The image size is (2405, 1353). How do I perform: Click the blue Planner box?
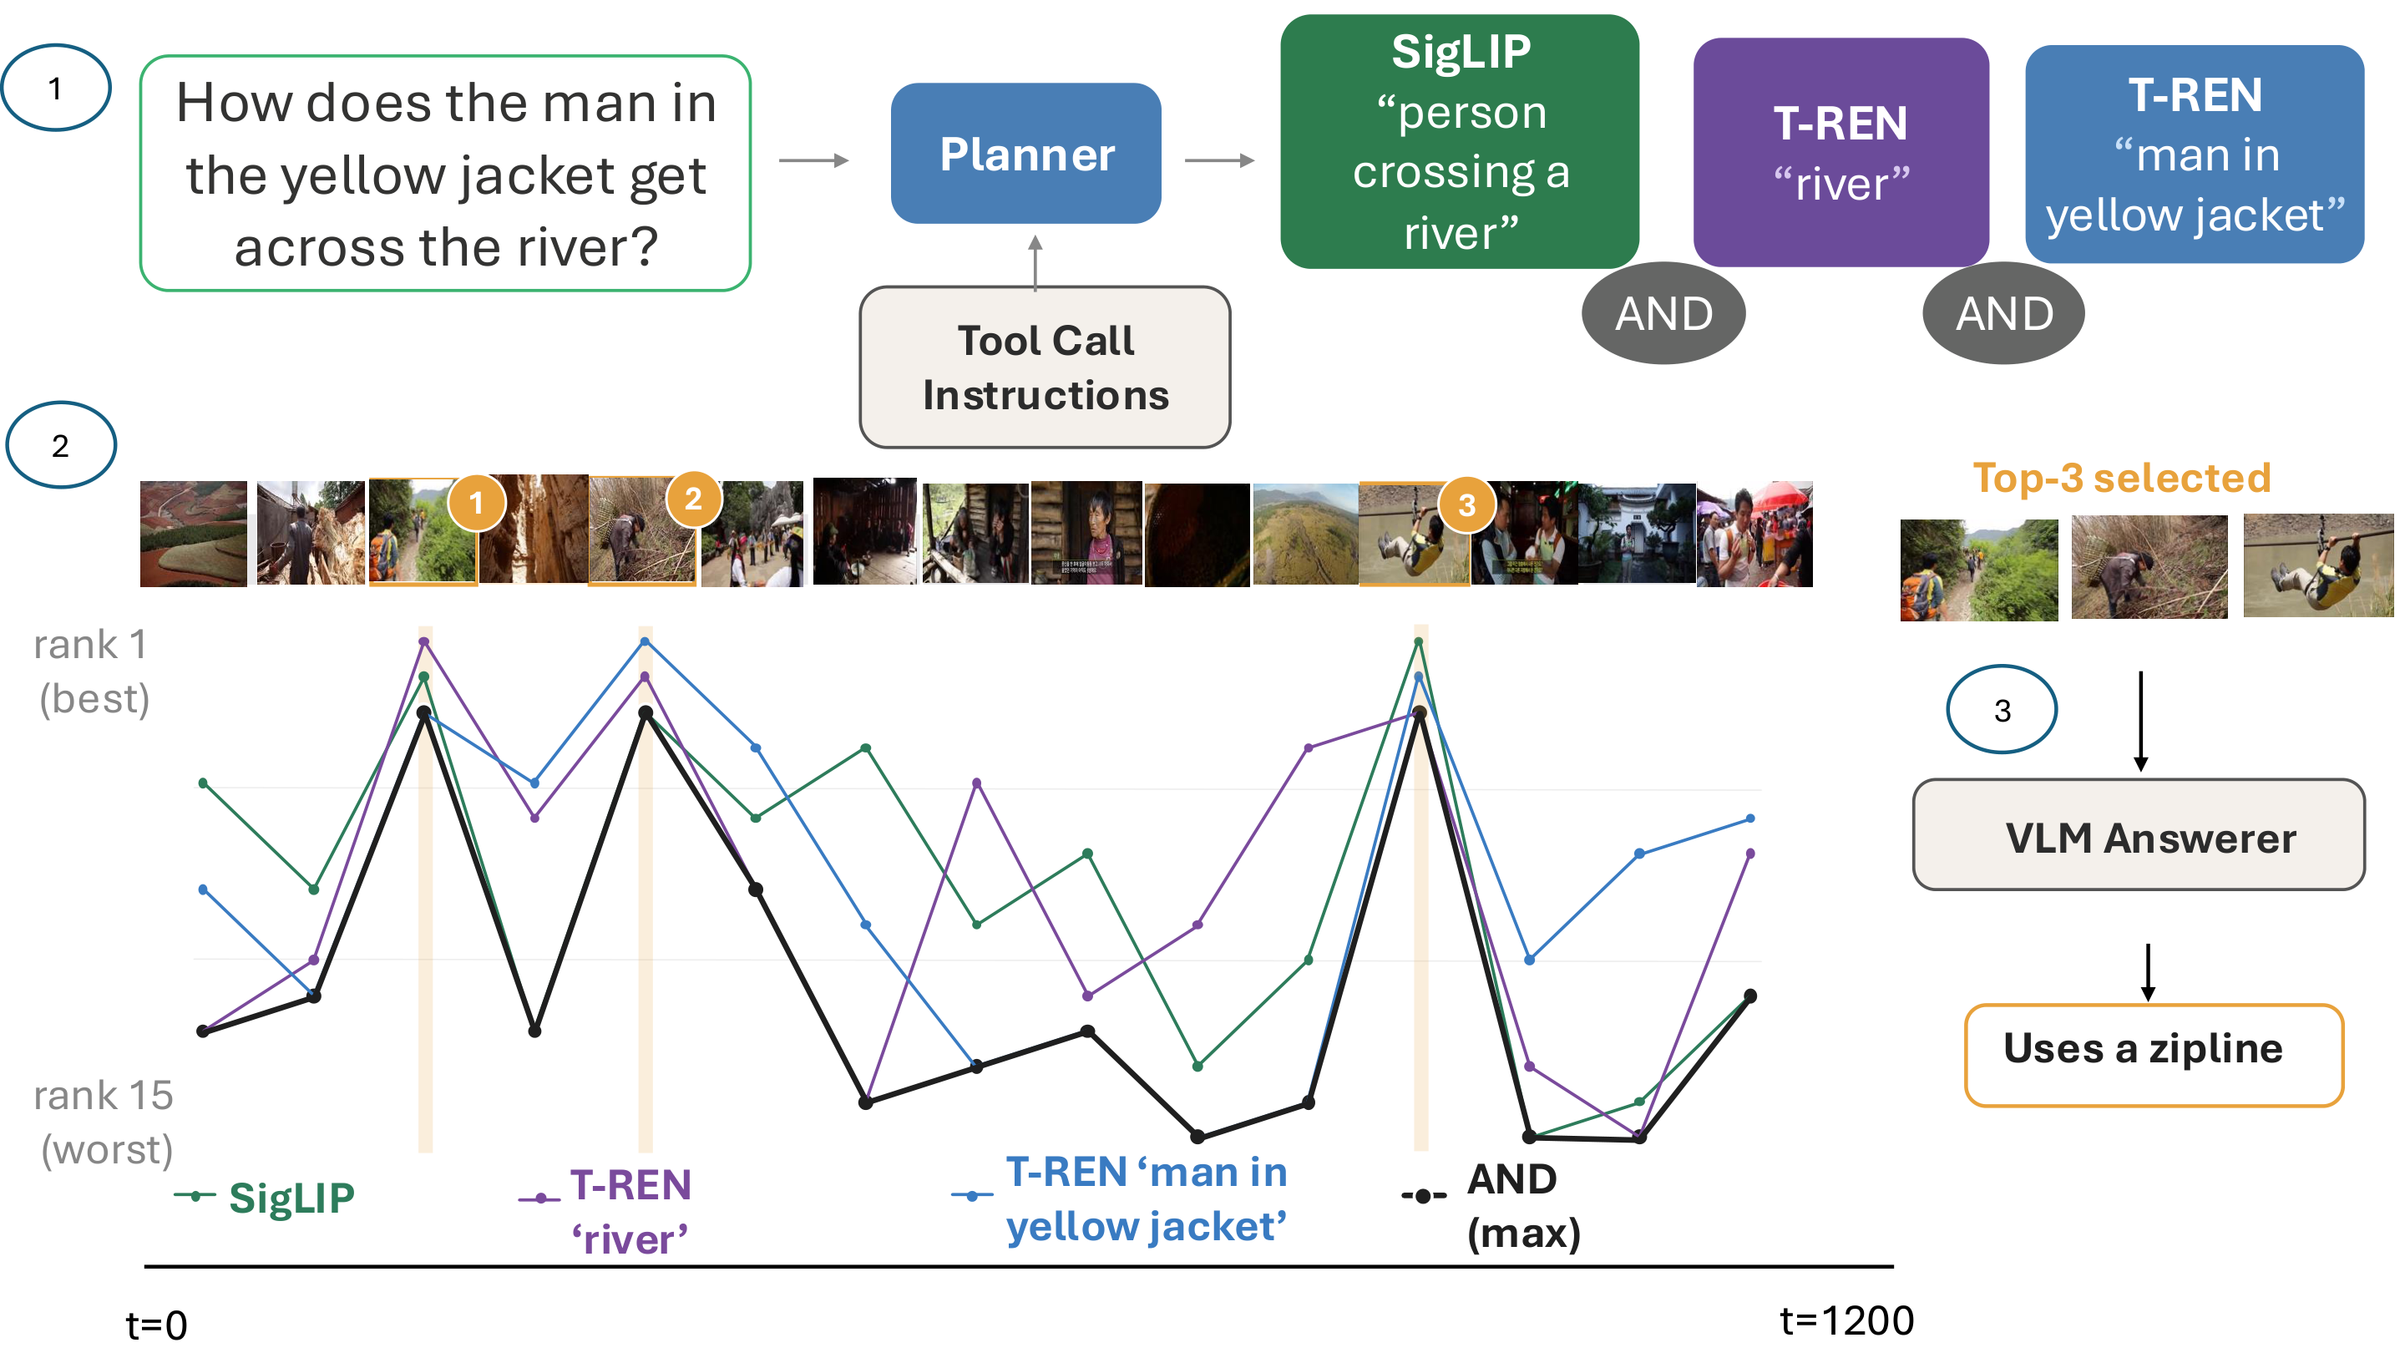pos(1025,153)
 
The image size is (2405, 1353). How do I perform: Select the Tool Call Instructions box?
pos(1045,367)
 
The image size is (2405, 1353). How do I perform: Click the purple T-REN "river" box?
pos(1840,152)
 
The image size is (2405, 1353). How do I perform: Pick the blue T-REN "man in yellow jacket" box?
pos(2194,154)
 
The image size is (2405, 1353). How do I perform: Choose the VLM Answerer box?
pos(2139,835)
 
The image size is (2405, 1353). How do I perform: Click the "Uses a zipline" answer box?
pos(2154,1055)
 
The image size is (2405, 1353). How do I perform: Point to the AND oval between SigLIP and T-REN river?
pos(1663,314)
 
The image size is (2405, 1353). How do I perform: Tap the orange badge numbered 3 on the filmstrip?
pos(1466,505)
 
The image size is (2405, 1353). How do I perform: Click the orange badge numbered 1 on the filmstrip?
pos(476,504)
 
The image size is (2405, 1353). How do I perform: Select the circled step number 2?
pos(61,445)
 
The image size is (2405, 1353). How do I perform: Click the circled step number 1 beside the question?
pos(56,88)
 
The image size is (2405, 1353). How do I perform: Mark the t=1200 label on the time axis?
pos(1846,1320)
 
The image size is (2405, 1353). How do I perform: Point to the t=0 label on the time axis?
pos(157,1325)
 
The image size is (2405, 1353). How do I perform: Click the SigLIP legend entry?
pos(266,1197)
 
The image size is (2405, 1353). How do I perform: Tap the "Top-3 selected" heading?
pos(2121,478)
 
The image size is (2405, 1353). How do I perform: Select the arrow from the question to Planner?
pos(813,160)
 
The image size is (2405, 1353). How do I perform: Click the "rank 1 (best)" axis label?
pos(92,671)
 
